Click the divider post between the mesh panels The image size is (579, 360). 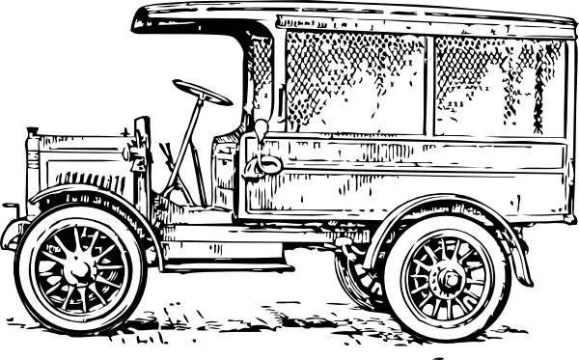point(429,82)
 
